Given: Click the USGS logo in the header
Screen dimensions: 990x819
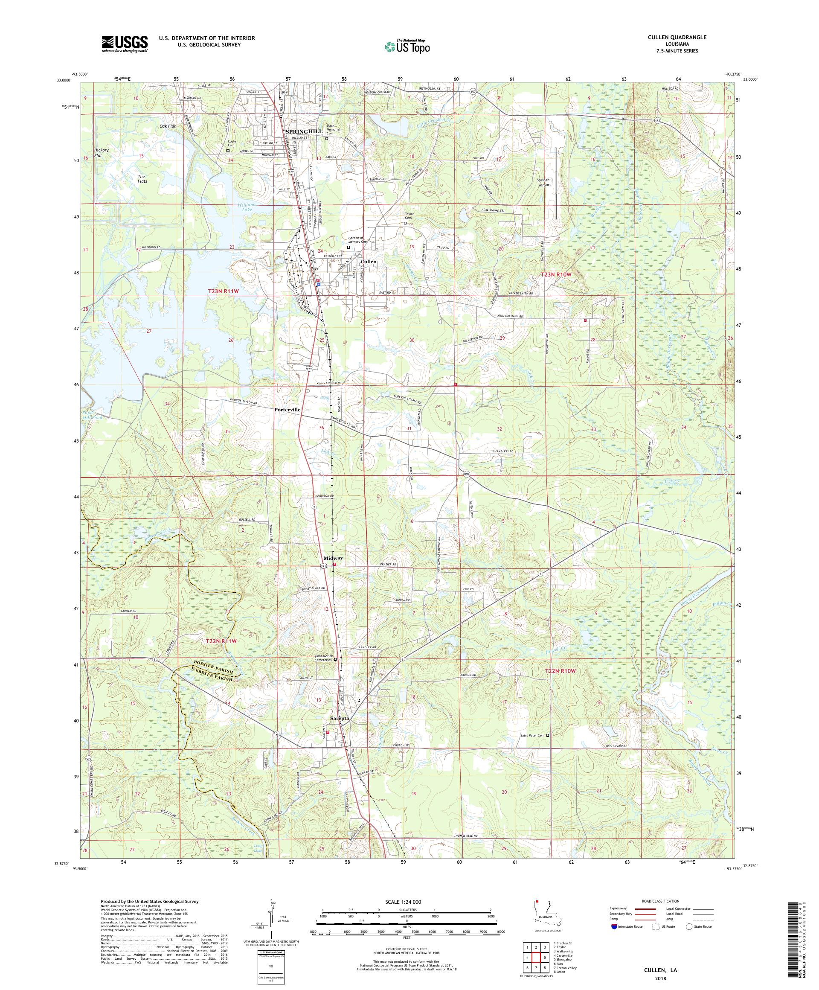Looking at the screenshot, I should pos(125,44).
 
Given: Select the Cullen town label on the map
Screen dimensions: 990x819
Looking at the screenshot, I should pos(368,261).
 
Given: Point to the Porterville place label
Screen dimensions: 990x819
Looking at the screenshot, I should pos(288,410).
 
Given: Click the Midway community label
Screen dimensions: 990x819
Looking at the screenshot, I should pos(333,558).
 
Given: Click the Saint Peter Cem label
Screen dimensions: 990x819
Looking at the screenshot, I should pos(531,735).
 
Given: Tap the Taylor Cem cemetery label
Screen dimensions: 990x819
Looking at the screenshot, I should pos(409,215).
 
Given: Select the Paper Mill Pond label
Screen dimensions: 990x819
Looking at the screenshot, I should pos(91,415).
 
